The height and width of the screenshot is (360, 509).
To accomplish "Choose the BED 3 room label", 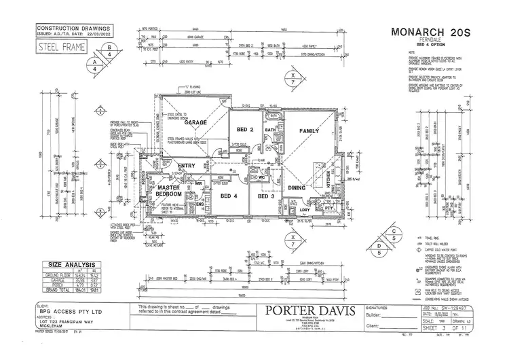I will (x=264, y=197).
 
